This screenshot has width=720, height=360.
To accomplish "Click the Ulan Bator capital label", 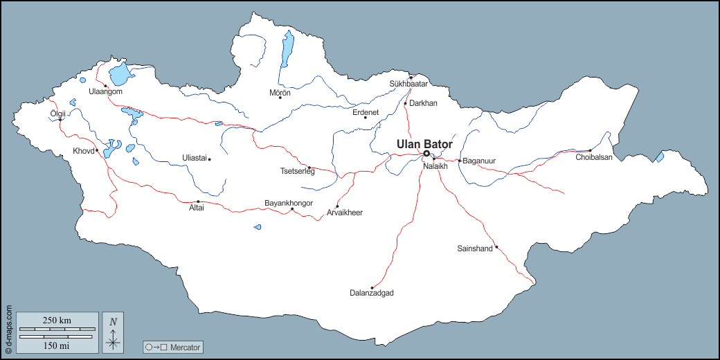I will point(424,144).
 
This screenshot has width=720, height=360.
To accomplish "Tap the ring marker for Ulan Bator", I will point(426,154).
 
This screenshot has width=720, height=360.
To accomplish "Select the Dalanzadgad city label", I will point(372,294).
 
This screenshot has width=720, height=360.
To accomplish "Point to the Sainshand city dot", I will point(496,246).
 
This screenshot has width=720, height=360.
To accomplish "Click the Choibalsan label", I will point(594,157).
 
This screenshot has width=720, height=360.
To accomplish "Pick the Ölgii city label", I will point(57,114).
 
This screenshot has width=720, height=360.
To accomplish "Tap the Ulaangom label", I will point(105,91).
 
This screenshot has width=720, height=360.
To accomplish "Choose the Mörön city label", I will point(280,92).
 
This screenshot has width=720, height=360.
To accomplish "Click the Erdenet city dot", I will point(365,117).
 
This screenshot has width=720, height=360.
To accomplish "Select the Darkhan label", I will point(423,103).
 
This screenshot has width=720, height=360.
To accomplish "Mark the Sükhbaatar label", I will point(409,84).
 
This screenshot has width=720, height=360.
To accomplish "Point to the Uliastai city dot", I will point(209,159).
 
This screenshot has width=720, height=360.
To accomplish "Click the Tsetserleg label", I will point(297,171).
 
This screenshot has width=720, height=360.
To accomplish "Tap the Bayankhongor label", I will point(289,203).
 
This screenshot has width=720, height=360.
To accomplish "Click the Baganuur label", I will point(479,161).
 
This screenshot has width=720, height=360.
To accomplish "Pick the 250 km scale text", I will point(57,321).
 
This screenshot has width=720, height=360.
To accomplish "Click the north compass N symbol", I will point(114,321).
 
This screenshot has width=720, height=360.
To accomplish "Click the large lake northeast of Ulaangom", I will point(119,73).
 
